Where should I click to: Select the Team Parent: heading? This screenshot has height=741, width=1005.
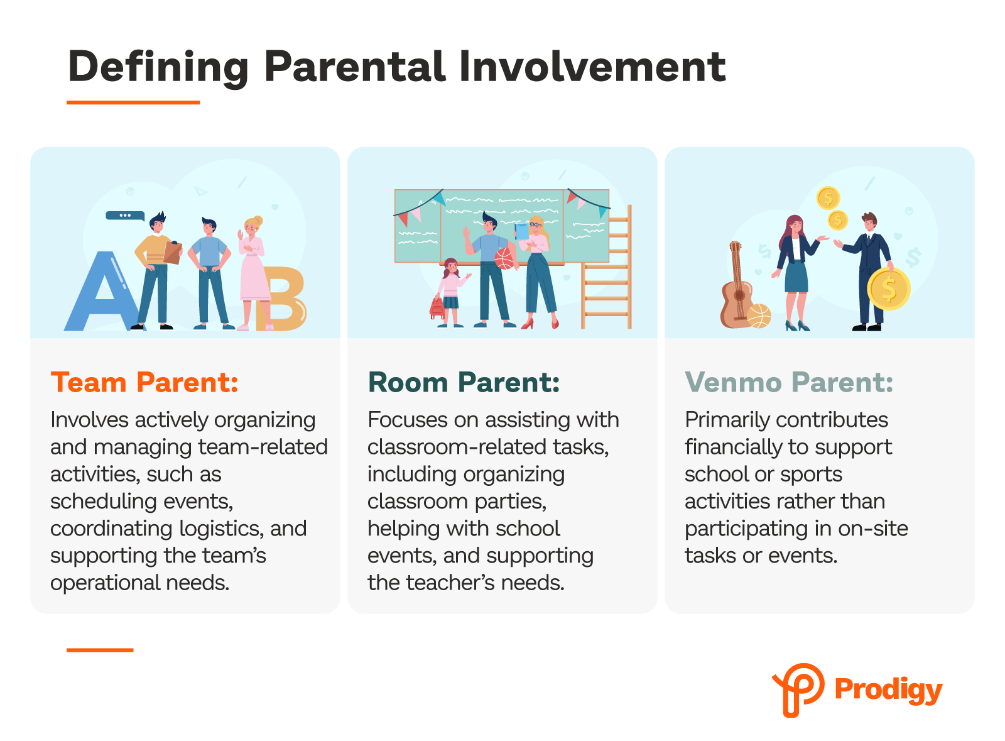(144, 382)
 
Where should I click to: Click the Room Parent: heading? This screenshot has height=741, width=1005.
(464, 382)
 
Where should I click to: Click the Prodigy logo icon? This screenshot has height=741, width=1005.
(798, 689)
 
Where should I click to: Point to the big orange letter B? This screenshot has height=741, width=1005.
(282, 299)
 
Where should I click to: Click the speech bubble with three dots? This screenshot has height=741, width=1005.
(125, 216)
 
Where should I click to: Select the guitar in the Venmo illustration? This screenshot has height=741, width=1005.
(737, 285)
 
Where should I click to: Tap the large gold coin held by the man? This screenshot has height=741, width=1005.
(888, 288)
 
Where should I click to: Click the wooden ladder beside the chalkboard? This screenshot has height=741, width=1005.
(606, 267)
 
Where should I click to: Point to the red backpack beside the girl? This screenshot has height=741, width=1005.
(437, 307)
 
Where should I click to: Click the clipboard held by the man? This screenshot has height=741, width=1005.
(173, 252)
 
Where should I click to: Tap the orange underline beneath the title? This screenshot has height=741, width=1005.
(133, 102)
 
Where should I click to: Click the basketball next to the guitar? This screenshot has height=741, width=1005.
(759, 316)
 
